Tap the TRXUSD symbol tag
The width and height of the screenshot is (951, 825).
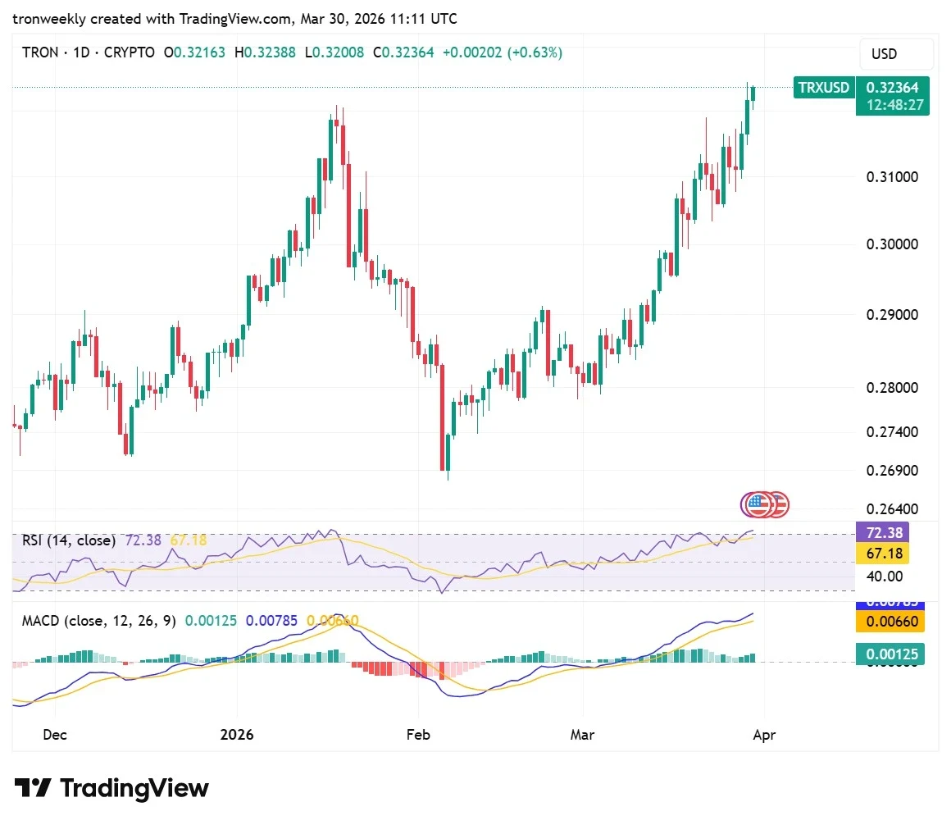tap(823, 87)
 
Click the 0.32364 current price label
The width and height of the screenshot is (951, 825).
tap(893, 87)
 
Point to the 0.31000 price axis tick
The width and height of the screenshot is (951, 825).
tap(892, 177)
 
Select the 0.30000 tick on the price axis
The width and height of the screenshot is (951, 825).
tap(892, 244)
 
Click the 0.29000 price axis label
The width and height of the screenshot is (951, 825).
tap(892, 315)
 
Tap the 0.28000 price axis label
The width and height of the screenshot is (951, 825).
tap(892, 387)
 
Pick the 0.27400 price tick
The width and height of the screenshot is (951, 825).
tap(892, 432)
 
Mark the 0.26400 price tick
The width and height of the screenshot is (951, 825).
tap(892, 509)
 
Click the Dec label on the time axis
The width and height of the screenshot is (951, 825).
tap(54, 735)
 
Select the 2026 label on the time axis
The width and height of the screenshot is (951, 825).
tap(238, 735)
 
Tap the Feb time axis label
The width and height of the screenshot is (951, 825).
tap(419, 735)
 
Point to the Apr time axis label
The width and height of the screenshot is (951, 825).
tap(763, 735)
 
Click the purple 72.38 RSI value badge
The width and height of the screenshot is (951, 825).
tap(890, 532)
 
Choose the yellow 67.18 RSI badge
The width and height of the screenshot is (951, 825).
tap(890, 554)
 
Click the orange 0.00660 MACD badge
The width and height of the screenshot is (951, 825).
tap(890, 622)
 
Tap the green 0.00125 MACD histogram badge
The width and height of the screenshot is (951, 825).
tap(890, 654)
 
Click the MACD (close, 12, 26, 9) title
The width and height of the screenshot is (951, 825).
tap(98, 621)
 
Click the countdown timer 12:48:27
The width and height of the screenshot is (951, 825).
tap(893, 106)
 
